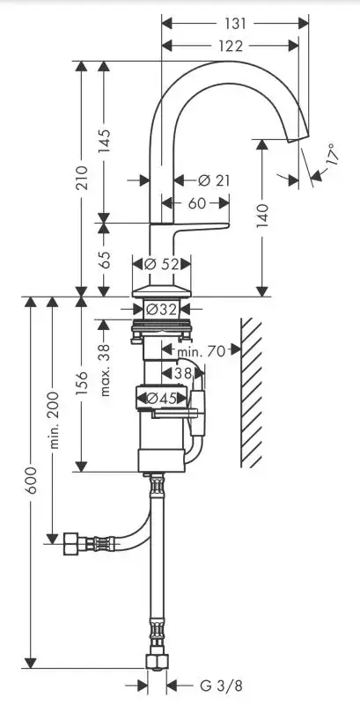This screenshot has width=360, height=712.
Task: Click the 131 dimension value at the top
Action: [235, 23]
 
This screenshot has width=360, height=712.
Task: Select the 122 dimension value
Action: [231, 46]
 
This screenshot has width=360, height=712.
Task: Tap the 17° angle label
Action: [332, 154]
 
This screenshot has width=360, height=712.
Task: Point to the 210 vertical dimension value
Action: [82, 178]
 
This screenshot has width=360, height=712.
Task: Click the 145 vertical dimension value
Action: [105, 141]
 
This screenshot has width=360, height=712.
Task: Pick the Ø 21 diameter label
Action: [214, 180]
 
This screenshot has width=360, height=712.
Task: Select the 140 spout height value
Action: [262, 217]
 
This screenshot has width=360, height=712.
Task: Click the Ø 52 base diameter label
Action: [162, 263]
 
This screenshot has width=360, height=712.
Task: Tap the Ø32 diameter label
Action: [162, 309]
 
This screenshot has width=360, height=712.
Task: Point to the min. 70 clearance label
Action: [201, 350]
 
